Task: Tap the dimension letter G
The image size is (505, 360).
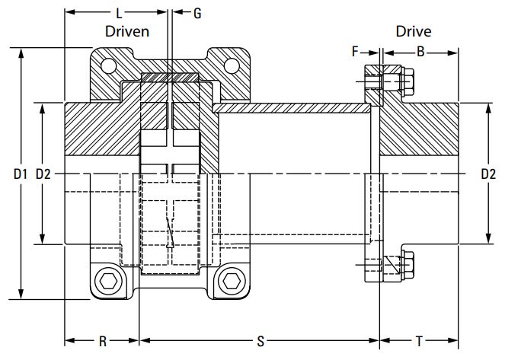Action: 198,13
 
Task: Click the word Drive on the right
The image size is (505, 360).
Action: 413,31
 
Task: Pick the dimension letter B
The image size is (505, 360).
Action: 420,53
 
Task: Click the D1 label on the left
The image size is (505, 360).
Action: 20,174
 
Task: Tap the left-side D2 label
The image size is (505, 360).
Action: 43,174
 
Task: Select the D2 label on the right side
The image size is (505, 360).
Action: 488,174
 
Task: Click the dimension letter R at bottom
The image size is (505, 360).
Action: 103,342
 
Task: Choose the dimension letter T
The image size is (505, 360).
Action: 420,342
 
